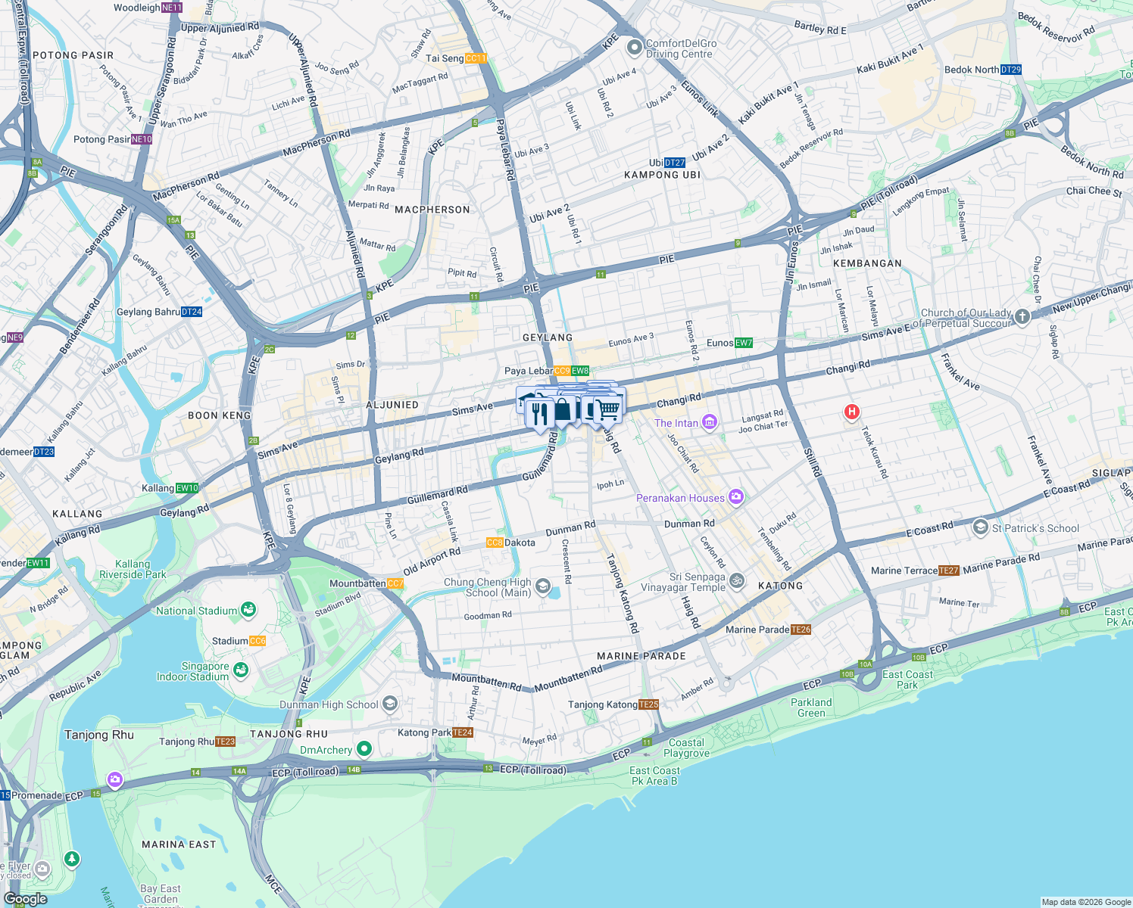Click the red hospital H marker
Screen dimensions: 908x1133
pos(852,412)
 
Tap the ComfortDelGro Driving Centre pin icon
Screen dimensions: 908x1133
pos(634,48)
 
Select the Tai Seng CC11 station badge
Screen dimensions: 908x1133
pos(476,58)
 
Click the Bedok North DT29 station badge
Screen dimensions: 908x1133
pos(1011,70)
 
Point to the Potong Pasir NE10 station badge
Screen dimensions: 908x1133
pos(142,139)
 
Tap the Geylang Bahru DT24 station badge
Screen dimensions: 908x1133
pos(192,312)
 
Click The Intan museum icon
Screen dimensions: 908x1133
pos(710,422)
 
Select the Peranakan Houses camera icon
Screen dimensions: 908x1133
pos(735,497)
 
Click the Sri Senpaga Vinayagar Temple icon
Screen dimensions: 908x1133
pos(737,581)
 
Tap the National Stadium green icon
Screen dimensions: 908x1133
pos(248,610)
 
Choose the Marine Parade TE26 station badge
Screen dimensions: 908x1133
pos(801,630)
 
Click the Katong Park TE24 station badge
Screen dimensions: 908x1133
pos(463,732)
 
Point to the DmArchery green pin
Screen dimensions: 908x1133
pos(364,749)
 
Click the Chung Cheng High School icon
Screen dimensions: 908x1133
pos(542,586)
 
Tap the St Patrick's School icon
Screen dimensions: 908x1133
pos(980,527)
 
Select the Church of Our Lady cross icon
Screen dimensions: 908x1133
pos(1022,317)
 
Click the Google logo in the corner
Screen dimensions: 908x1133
pos(25,899)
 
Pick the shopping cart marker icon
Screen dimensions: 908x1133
pos(607,409)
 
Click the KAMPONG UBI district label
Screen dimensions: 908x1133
pos(662,175)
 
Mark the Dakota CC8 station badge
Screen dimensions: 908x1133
pos(495,543)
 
